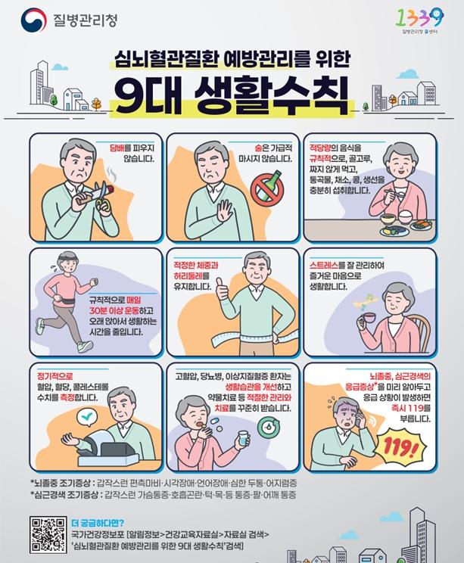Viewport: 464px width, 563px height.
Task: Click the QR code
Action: pos(48,534)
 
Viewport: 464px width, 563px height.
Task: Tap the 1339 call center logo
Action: pos(419,20)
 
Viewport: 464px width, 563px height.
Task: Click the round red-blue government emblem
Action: pos(34,20)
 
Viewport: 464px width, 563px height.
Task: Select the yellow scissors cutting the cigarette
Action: pos(101,198)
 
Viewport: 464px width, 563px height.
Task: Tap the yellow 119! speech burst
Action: pos(400,448)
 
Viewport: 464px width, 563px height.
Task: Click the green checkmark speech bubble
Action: pos(88,417)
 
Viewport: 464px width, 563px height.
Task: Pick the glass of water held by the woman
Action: pos(244,439)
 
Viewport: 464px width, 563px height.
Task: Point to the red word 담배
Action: pos(117,148)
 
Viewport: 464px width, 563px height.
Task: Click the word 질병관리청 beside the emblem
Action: pos(85,20)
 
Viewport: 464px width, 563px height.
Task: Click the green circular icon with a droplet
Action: pos(269,426)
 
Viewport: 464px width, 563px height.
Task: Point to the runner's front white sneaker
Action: pos(85,347)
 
